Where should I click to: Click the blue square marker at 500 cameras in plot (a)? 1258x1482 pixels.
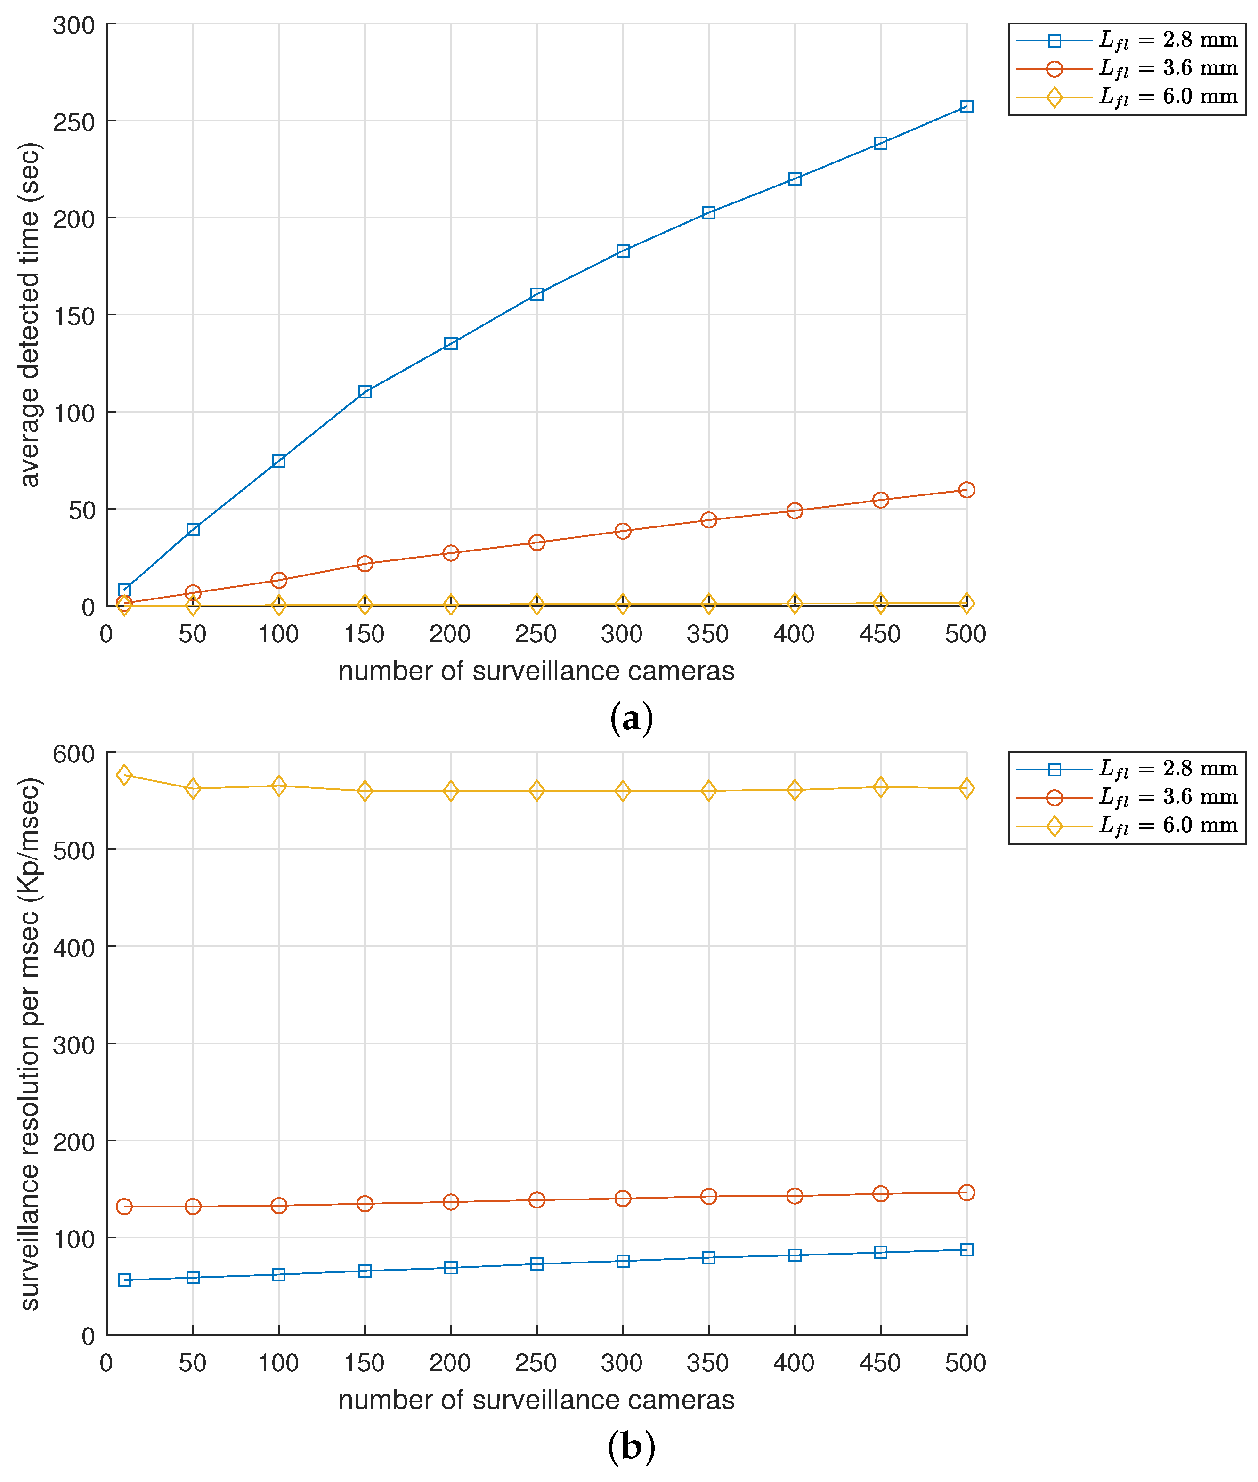click(x=966, y=106)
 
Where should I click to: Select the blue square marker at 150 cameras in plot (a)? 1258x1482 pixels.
click(x=365, y=391)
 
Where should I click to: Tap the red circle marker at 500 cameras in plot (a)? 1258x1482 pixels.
click(x=966, y=489)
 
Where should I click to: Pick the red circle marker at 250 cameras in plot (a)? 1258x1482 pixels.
click(x=536, y=542)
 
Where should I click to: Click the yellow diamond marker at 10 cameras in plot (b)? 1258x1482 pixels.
click(x=124, y=775)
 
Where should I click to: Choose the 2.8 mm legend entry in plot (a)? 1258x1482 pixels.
click(x=1126, y=40)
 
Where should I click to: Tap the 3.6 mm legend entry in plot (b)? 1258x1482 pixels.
click(x=1126, y=797)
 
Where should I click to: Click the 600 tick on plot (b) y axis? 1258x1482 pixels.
click(x=74, y=754)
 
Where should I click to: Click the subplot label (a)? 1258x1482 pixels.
click(x=631, y=718)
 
